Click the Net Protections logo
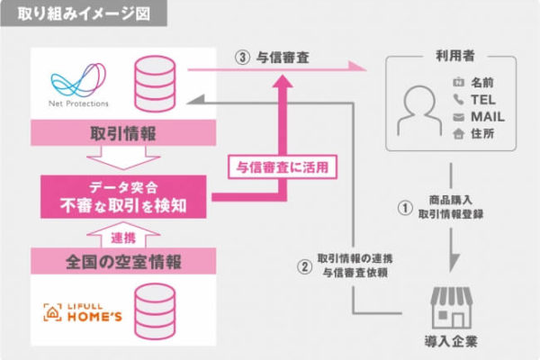tap(78, 85)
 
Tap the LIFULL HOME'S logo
tap(83, 312)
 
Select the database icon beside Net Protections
tap(155, 84)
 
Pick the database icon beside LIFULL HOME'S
tap(155, 311)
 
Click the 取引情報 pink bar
tap(123, 133)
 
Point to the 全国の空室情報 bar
tap(123, 262)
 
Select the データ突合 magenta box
tap(123, 197)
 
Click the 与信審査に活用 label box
tap(283, 167)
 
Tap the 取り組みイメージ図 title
tap(84, 13)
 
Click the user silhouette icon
tap(419, 110)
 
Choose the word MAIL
tap(488, 117)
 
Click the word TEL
tap(483, 100)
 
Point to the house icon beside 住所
tap(458, 133)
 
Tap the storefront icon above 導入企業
tap(452, 308)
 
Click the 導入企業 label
tap(451, 341)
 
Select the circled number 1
tap(405, 208)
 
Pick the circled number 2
tap(305, 266)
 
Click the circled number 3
tap(242, 58)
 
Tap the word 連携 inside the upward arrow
tap(123, 238)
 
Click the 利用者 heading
tap(455, 56)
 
